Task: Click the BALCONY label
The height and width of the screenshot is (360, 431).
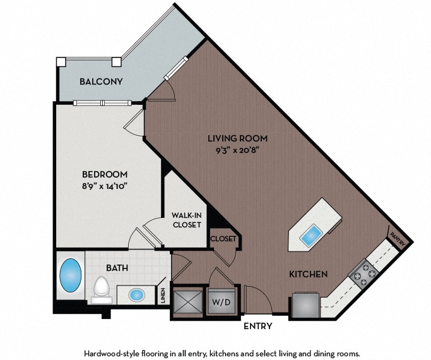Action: (x=101, y=81)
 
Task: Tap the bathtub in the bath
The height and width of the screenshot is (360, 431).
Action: (x=71, y=275)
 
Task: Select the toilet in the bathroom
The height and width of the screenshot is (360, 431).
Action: (x=102, y=290)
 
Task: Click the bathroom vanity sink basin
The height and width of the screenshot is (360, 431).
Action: (x=136, y=295)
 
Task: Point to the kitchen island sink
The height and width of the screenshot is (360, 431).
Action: (x=312, y=236)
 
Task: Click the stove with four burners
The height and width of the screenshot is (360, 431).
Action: (x=363, y=273)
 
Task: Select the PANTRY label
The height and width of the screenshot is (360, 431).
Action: (x=398, y=239)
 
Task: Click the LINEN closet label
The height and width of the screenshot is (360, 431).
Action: (x=163, y=296)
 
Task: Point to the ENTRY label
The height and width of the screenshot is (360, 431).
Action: (x=258, y=326)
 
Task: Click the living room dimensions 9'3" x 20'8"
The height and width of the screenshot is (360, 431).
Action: (x=237, y=150)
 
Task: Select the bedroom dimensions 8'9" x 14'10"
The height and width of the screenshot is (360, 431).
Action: (x=105, y=187)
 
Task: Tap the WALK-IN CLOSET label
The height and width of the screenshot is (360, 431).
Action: (x=187, y=220)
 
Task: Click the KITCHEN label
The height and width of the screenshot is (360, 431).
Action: (x=309, y=274)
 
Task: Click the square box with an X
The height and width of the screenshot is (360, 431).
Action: (x=188, y=301)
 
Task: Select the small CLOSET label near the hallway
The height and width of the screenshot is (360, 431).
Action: (x=223, y=239)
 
